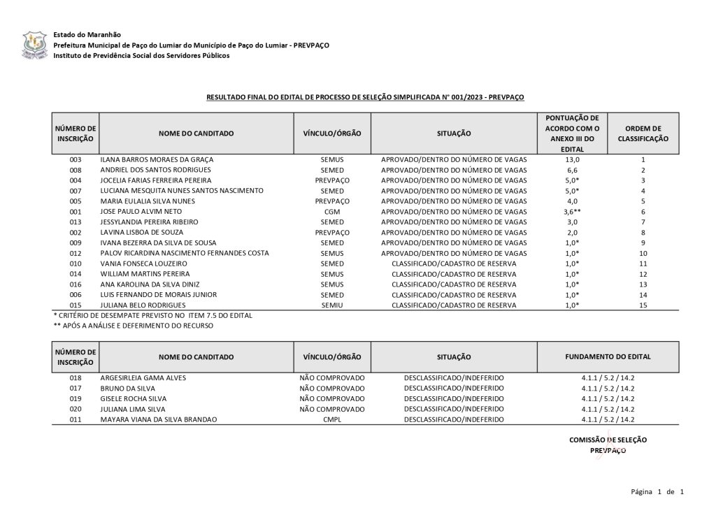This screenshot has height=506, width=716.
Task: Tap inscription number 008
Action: [x=76, y=170]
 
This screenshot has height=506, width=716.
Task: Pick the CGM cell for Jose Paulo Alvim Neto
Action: [x=332, y=212]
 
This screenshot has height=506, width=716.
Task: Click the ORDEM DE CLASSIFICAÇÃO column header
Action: [x=643, y=133]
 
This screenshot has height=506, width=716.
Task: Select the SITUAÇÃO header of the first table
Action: [x=454, y=133]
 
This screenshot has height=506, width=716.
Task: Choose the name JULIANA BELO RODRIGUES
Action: [x=143, y=305]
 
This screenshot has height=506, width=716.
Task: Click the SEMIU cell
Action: [x=332, y=305]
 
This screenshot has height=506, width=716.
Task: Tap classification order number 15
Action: [x=643, y=305]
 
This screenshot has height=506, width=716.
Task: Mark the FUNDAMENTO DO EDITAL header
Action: [x=608, y=356]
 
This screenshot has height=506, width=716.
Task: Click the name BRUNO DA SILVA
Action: [x=128, y=388]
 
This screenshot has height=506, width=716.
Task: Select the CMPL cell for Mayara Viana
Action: [x=332, y=419]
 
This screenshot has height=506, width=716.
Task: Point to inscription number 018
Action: [x=76, y=377]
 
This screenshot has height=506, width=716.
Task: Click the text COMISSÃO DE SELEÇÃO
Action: [x=608, y=440]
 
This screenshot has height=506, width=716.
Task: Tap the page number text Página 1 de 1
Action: [x=657, y=492]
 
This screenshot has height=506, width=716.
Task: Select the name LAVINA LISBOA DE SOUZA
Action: [x=142, y=232]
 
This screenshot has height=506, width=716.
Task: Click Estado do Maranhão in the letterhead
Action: [x=87, y=34]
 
